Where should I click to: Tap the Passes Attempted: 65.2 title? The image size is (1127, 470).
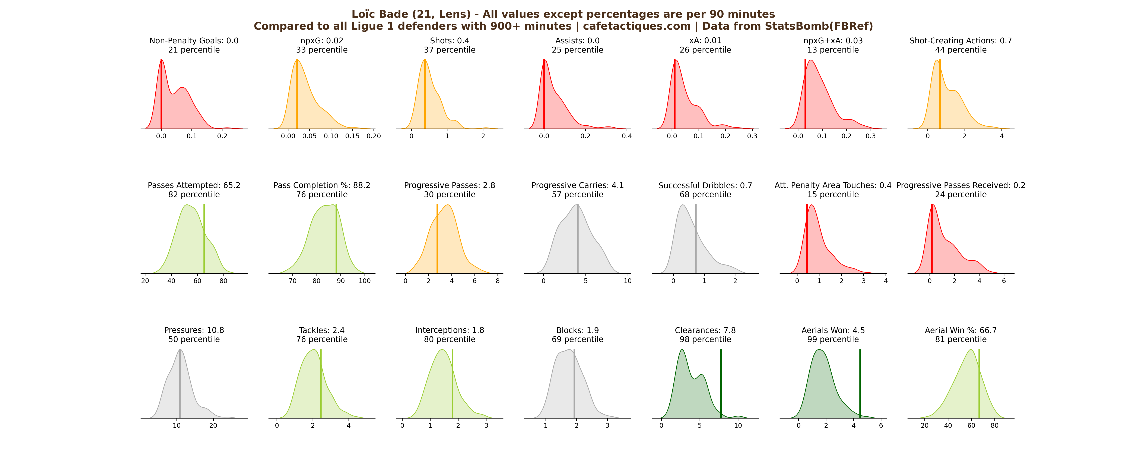coord(194,185)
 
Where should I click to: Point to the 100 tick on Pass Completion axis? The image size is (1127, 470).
coord(364,281)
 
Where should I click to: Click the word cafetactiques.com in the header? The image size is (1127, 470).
coord(636,26)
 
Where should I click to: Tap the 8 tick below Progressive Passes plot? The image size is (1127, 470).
coord(497,281)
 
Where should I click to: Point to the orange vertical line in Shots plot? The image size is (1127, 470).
coord(425,94)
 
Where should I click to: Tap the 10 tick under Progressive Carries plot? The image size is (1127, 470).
coord(627,281)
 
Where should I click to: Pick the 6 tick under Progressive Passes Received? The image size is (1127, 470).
coord(1004,281)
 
